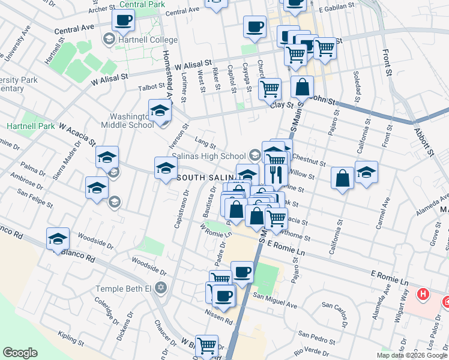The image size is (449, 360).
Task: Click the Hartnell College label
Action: [148, 40]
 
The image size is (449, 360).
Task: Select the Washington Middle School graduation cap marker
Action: [160, 112]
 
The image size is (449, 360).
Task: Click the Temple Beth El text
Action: [123, 289]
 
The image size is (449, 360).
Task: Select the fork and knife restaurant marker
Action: [276, 174]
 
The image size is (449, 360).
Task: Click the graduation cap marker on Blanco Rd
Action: [58, 239]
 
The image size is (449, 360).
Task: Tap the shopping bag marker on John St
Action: [303, 88]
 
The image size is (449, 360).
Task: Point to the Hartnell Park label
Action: [30, 127]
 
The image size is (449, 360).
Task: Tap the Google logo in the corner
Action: [20, 353]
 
